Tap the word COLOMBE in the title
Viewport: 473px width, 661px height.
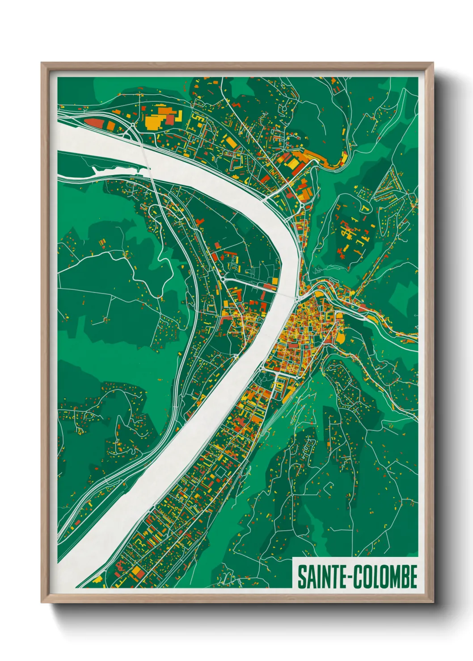pyautogui.click(x=386, y=577)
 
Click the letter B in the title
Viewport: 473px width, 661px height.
pyautogui.click(x=404, y=577)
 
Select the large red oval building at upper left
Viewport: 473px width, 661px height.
pyautogui.click(x=95, y=122)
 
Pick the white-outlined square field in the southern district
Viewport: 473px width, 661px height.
pyautogui.click(x=220, y=472)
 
